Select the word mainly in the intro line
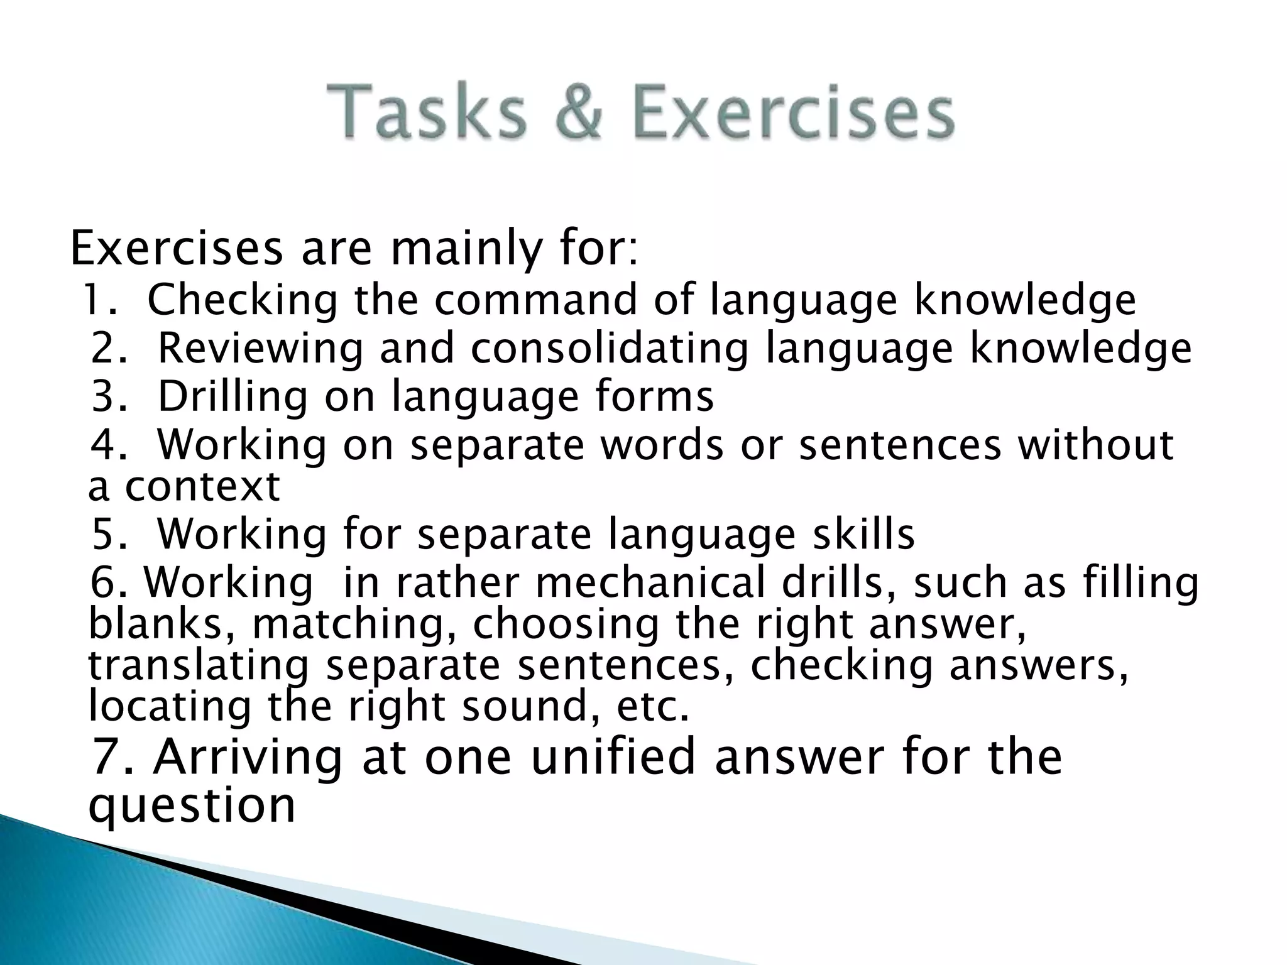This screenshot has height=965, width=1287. (x=465, y=249)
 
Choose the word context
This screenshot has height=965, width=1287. (x=202, y=486)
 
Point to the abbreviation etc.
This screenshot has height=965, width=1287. (x=653, y=707)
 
